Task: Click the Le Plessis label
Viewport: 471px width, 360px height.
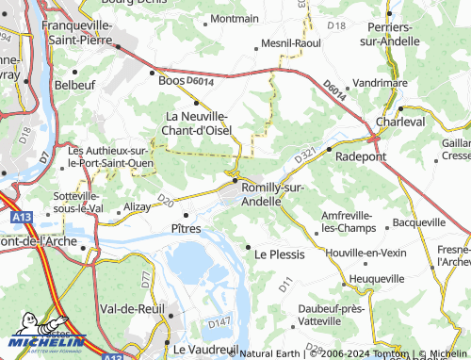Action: (277, 254)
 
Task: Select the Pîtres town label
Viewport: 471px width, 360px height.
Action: (187, 228)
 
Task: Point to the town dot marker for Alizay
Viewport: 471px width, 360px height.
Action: (119, 212)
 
